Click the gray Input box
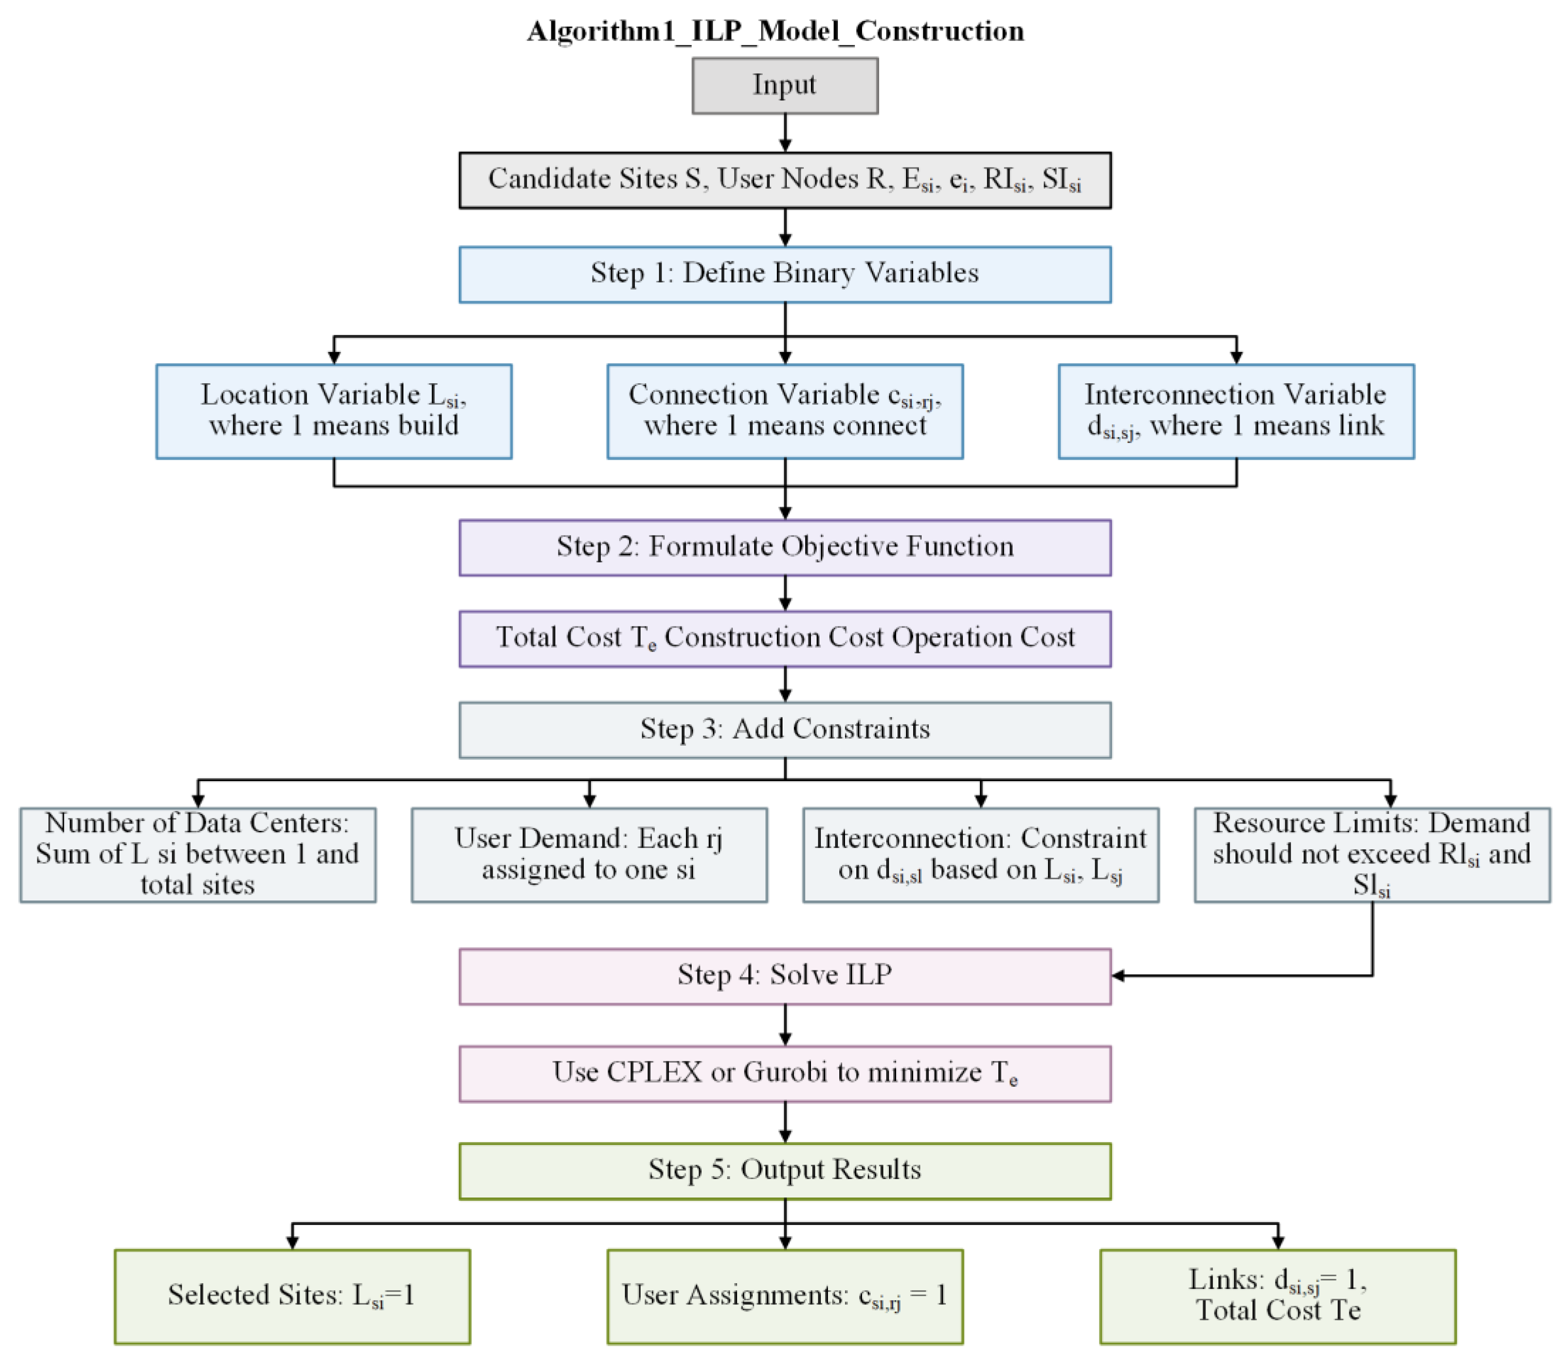(784, 85)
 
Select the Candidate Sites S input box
(784, 180)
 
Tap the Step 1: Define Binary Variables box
(784, 274)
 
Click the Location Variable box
(334, 411)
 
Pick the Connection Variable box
(784, 411)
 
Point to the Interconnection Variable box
(1236, 411)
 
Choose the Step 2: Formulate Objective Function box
(784, 547)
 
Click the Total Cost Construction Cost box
(784, 638)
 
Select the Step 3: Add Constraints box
(784, 730)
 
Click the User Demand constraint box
(589, 854)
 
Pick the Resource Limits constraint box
(1371, 854)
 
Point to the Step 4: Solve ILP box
(784, 976)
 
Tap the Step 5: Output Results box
(784, 1171)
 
